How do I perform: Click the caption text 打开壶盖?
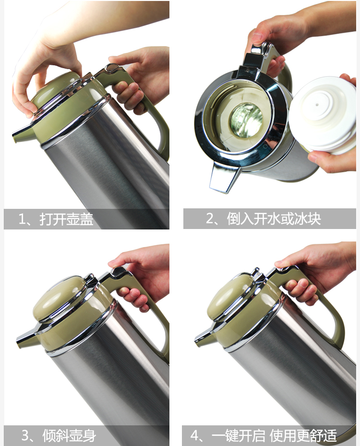(x=66, y=219)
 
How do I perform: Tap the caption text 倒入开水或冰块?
(x=274, y=219)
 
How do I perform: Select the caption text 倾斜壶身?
(x=69, y=435)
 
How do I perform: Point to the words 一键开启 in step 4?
(x=238, y=435)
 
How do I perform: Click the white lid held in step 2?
(x=323, y=115)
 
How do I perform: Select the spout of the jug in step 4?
(x=205, y=338)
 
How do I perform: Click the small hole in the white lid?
(x=317, y=104)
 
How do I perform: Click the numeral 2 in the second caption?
(x=210, y=219)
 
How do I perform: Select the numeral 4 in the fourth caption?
(x=195, y=435)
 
